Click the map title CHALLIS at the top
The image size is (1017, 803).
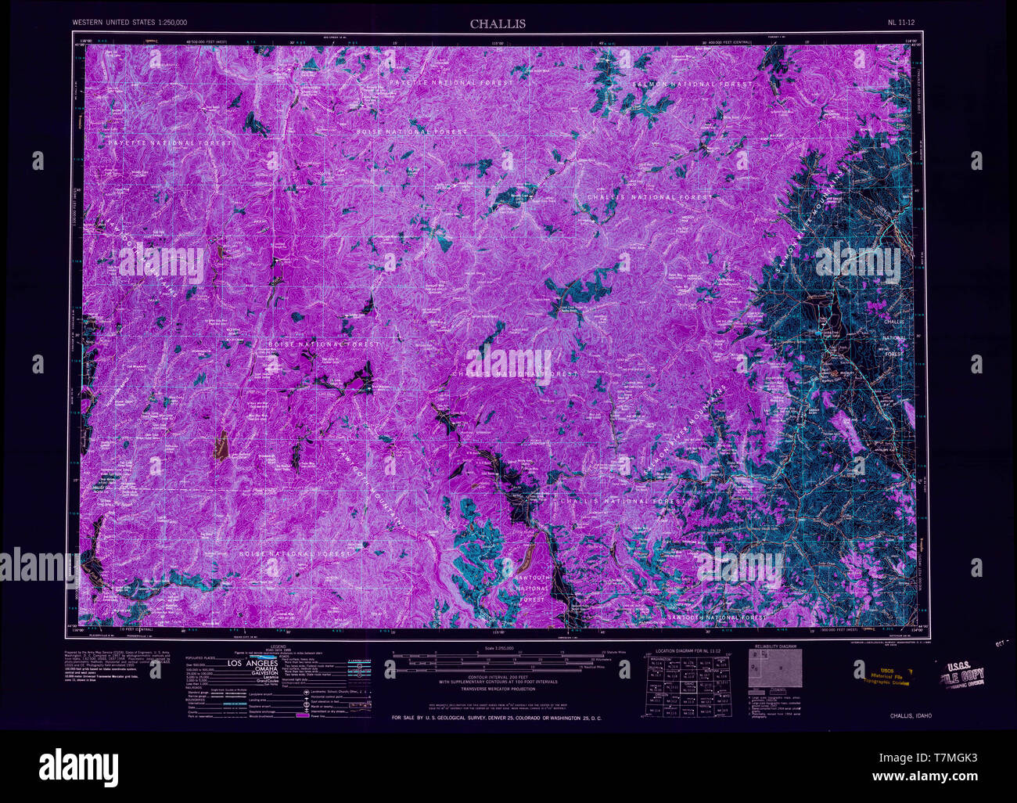pos(498,23)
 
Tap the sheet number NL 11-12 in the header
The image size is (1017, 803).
pos(904,23)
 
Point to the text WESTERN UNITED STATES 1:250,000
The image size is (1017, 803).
pos(130,23)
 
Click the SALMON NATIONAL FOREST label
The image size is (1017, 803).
pos(692,84)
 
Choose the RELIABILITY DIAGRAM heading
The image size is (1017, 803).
pos(774,647)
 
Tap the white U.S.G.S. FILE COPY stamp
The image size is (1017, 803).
pos(960,674)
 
